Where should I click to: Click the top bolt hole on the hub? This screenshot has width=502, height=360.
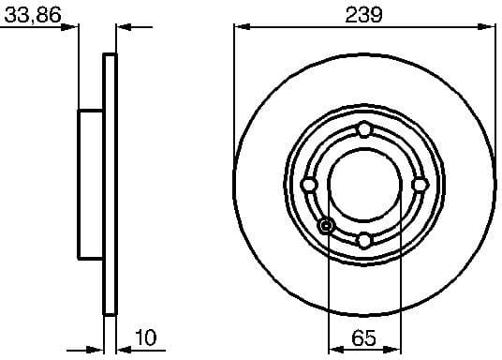coord(364,129)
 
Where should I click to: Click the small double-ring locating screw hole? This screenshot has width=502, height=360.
coord(326,225)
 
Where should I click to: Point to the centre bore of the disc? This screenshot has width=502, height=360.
coord(364,184)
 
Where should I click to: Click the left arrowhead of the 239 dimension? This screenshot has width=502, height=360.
coord(240,28)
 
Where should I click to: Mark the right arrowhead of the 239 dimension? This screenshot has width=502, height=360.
coord(489,28)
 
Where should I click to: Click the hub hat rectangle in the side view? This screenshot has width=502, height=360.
coord(90,184)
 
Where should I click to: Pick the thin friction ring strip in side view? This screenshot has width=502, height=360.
coord(110,184)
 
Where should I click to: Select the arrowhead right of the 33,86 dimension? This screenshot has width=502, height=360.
coord(125,28)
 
